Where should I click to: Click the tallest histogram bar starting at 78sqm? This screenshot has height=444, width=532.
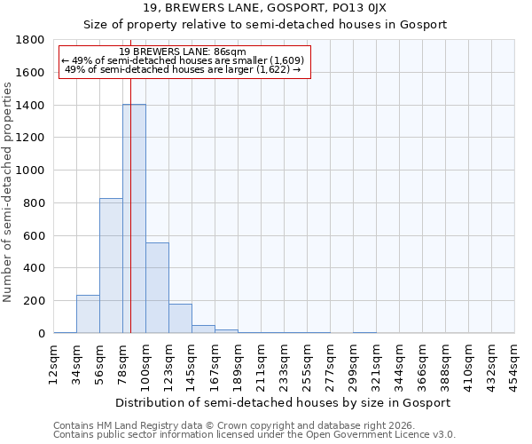point(134,218)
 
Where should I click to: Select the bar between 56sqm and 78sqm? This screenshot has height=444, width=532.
point(111,266)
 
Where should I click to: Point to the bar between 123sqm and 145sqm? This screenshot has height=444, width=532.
point(180,318)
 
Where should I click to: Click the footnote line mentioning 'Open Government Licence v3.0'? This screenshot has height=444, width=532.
point(254,435)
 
